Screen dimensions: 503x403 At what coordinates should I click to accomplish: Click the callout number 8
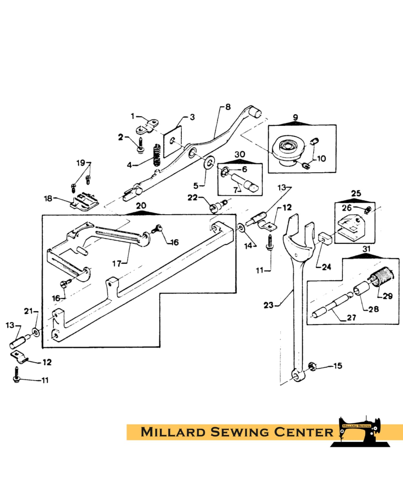[x=228, y=107]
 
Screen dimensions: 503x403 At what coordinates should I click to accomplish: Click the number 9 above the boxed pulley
[x=296, y=117]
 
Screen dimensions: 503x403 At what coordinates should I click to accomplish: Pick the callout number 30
[x=240, y=154]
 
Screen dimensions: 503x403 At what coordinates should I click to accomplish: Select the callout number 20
[x=141, y=206]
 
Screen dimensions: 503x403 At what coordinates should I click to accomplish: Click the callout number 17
[x=117, y=264]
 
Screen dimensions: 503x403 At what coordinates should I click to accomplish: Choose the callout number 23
[x=268, y=305]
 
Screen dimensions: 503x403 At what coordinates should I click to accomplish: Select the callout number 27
[x=351, y=317]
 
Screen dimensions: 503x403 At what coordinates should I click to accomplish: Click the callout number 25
[x=356, y=193]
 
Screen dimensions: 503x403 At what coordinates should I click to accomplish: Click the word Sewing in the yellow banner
[x=239, y=432]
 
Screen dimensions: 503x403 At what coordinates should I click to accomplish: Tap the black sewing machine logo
[x=361, y=432]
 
